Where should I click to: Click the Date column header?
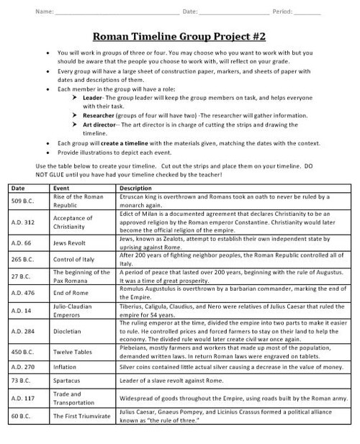[x=19, y=188]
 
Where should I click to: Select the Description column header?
[x=135, y=188]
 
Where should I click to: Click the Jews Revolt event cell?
[x=71, y=244]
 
